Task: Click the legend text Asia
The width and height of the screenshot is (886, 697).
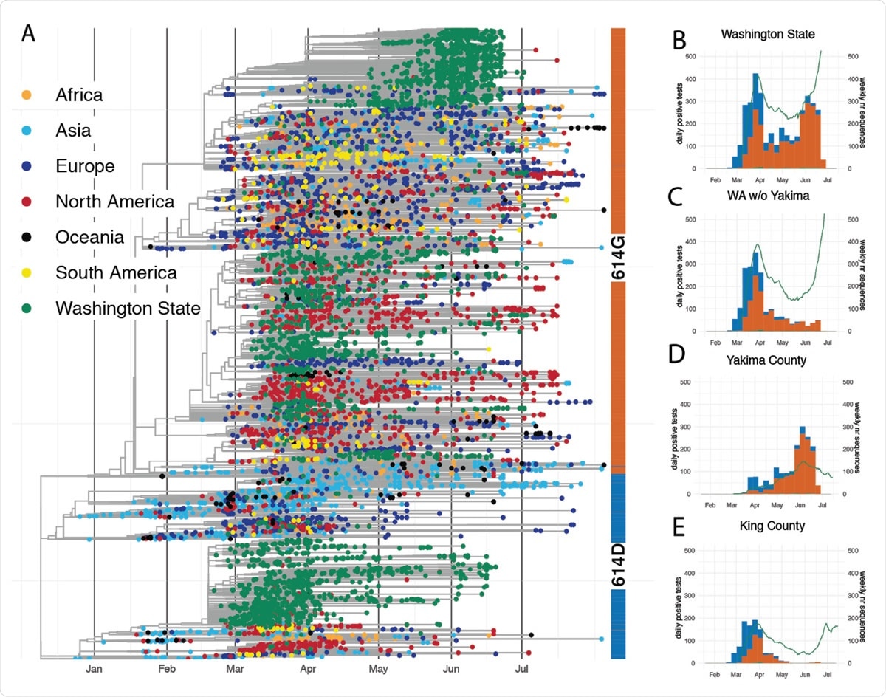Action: tap(73, 131)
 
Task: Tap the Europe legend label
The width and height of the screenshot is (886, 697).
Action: tap(85, 166)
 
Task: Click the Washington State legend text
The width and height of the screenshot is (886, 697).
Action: tap(128, 308)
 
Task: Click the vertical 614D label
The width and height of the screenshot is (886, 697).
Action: tap(619, 565)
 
